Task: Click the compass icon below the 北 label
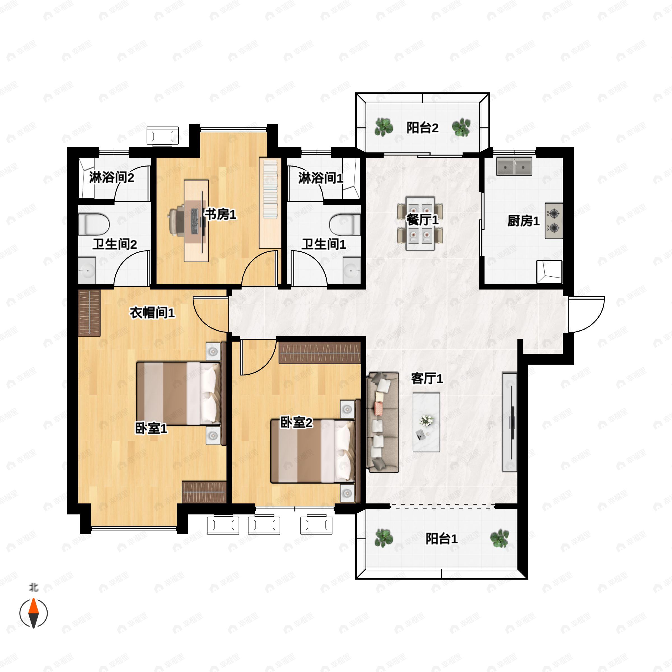[33, 613]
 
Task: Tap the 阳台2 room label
[422, 128]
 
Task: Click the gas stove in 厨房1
[553, 221]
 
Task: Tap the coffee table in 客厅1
[426, 422]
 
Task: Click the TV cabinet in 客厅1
[510, 422]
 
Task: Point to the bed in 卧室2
[313, 451]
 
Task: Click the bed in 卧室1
[178, 393]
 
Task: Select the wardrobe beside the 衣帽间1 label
[89, 313]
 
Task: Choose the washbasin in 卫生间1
[352, 270]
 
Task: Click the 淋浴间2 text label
[111, 178]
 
